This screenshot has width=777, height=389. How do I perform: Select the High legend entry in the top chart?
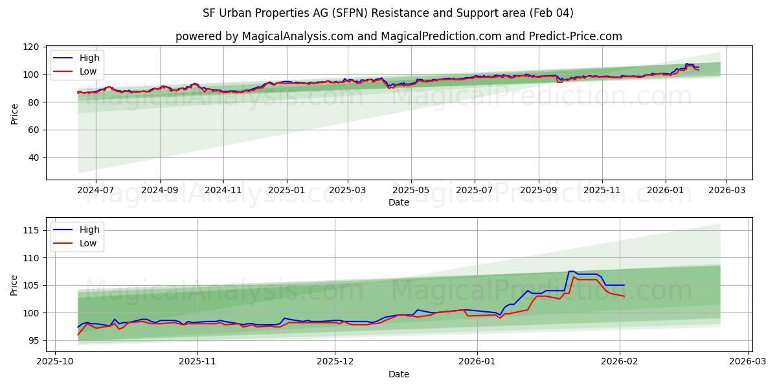(89, 58)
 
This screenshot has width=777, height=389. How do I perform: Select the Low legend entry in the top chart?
(88, 71)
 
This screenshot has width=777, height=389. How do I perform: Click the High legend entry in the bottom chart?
(89, 230)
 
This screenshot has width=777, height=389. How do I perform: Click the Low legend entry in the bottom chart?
(88, 243)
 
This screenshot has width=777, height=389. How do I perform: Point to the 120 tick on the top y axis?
(32, 47)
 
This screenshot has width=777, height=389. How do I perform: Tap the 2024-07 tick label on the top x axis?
(95, 191)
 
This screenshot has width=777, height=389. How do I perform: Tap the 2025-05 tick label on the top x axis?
(411, 191)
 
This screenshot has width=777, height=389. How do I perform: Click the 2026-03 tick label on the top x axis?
(726, 191)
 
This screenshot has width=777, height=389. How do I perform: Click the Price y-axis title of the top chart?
(14, 113)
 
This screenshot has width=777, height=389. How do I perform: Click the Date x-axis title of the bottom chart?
(398, 374)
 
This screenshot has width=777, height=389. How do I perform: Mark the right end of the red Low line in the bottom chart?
(624, 296)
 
